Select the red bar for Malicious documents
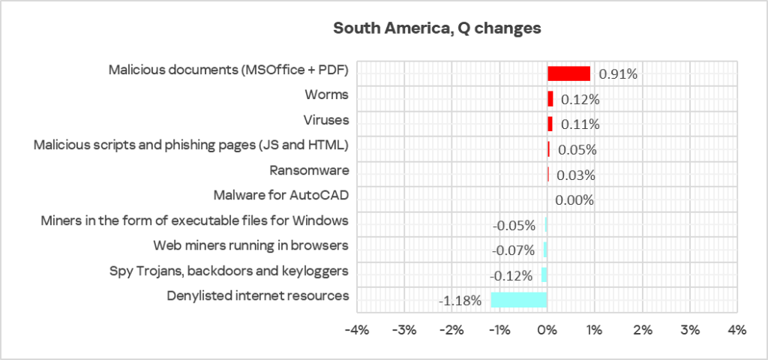click(x=568, y=73)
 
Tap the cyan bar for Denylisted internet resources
click(x=519, y=300)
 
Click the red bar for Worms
click(x=550, y=98)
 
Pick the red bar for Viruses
click(x=550, y=124)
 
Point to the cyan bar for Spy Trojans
click(x=544, y=275)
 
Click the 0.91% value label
click(x=618, y=74)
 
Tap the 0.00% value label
click(x=574, y=200)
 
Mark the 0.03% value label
click(x=576, y=175)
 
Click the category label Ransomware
click(x=309, y=171)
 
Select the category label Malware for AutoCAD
click(x=281, y=196)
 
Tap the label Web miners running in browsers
click(x=251, y=245)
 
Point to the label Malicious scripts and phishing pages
click(x=191, y=145)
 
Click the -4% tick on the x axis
click(x=357, y=330)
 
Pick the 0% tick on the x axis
click(x=547, y=330)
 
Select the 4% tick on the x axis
click(x=736, y=330)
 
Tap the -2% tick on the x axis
click(x=451, y=330)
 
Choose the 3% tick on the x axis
click(x=689, y=330)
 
